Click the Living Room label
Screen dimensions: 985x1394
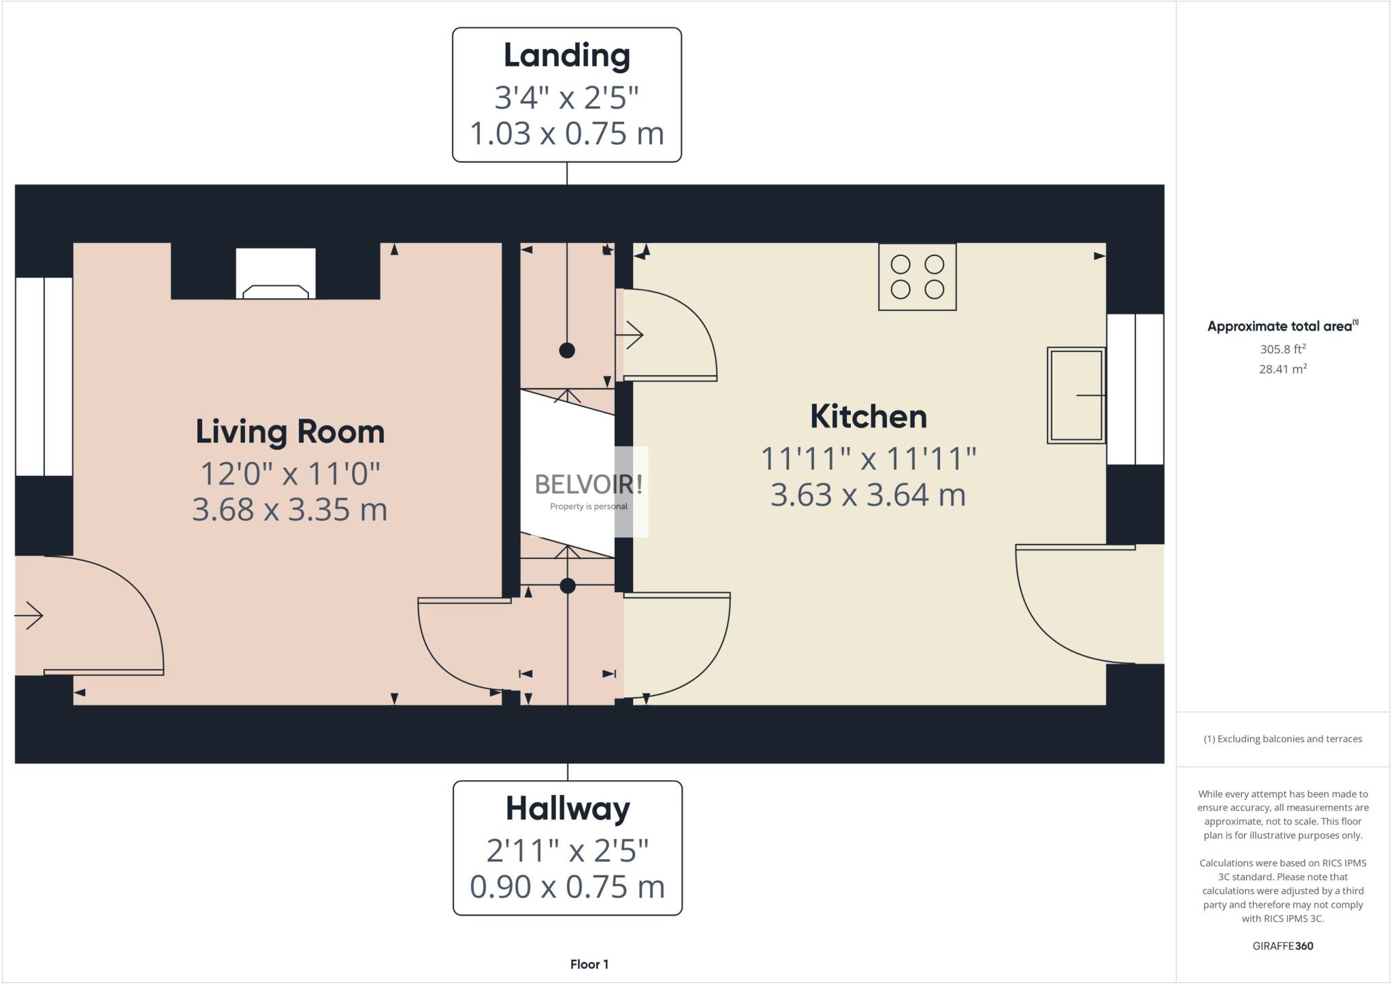point(290,432)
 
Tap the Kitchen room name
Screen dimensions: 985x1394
point(868,417)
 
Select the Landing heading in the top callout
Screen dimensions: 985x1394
point(566,56)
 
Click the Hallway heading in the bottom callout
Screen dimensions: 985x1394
point(568,809)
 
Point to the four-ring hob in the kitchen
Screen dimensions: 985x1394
point(917,277)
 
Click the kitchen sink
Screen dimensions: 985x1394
point(1075,395)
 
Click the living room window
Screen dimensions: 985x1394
point(44,376)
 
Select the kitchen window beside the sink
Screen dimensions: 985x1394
point(1135,389)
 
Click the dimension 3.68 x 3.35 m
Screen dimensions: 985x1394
point(290,509)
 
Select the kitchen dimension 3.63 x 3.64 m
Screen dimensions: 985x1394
point(868,495)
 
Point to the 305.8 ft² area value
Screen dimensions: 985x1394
point(1282,349)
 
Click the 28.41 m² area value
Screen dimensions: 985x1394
point(1282,369)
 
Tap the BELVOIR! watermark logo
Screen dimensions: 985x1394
point(588,485)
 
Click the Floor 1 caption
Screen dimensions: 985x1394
point(589,964)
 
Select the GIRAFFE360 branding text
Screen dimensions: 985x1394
point(1282,946)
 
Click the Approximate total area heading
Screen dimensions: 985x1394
point(1282,326)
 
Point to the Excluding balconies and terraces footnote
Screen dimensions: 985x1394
point(1282,739)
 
